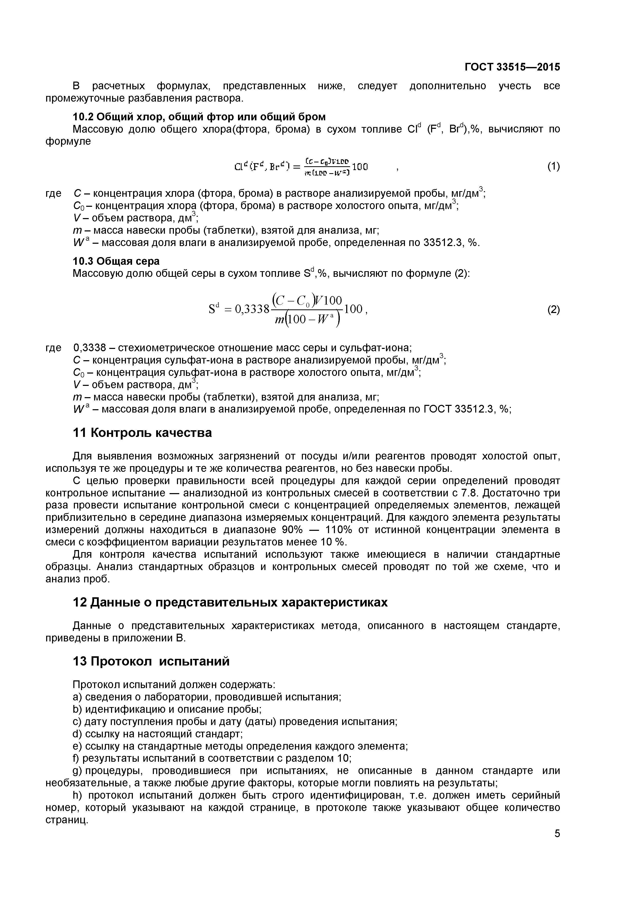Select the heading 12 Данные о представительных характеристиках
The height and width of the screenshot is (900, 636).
point(230,602)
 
